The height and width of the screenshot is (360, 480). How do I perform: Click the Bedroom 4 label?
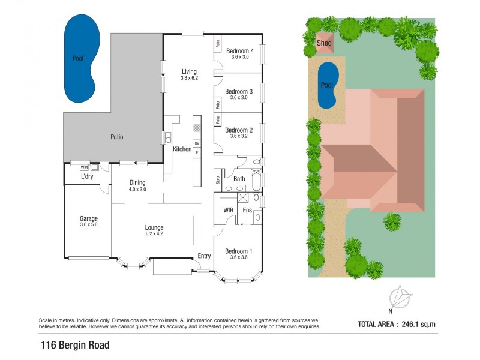coord(239,51)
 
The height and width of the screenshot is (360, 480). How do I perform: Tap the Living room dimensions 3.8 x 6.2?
coord(189,78)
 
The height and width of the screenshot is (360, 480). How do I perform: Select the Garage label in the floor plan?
coord(88,218)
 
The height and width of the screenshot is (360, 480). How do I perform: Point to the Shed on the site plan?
coord(324,43)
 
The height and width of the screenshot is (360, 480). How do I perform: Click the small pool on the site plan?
coord(326,86)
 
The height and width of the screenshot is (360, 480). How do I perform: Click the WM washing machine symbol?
coord(84,167)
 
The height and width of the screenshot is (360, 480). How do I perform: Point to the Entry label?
coord(204,256)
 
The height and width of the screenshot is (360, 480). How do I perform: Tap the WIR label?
coord(228,210)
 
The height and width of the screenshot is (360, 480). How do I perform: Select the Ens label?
coord(247,210)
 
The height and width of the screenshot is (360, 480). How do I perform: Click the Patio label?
coord(116,137)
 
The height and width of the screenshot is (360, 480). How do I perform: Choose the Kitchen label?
coord(182,149)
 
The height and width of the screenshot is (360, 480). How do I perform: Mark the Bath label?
coord(239,179)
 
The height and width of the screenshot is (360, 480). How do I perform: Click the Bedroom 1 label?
coord(238,251)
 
